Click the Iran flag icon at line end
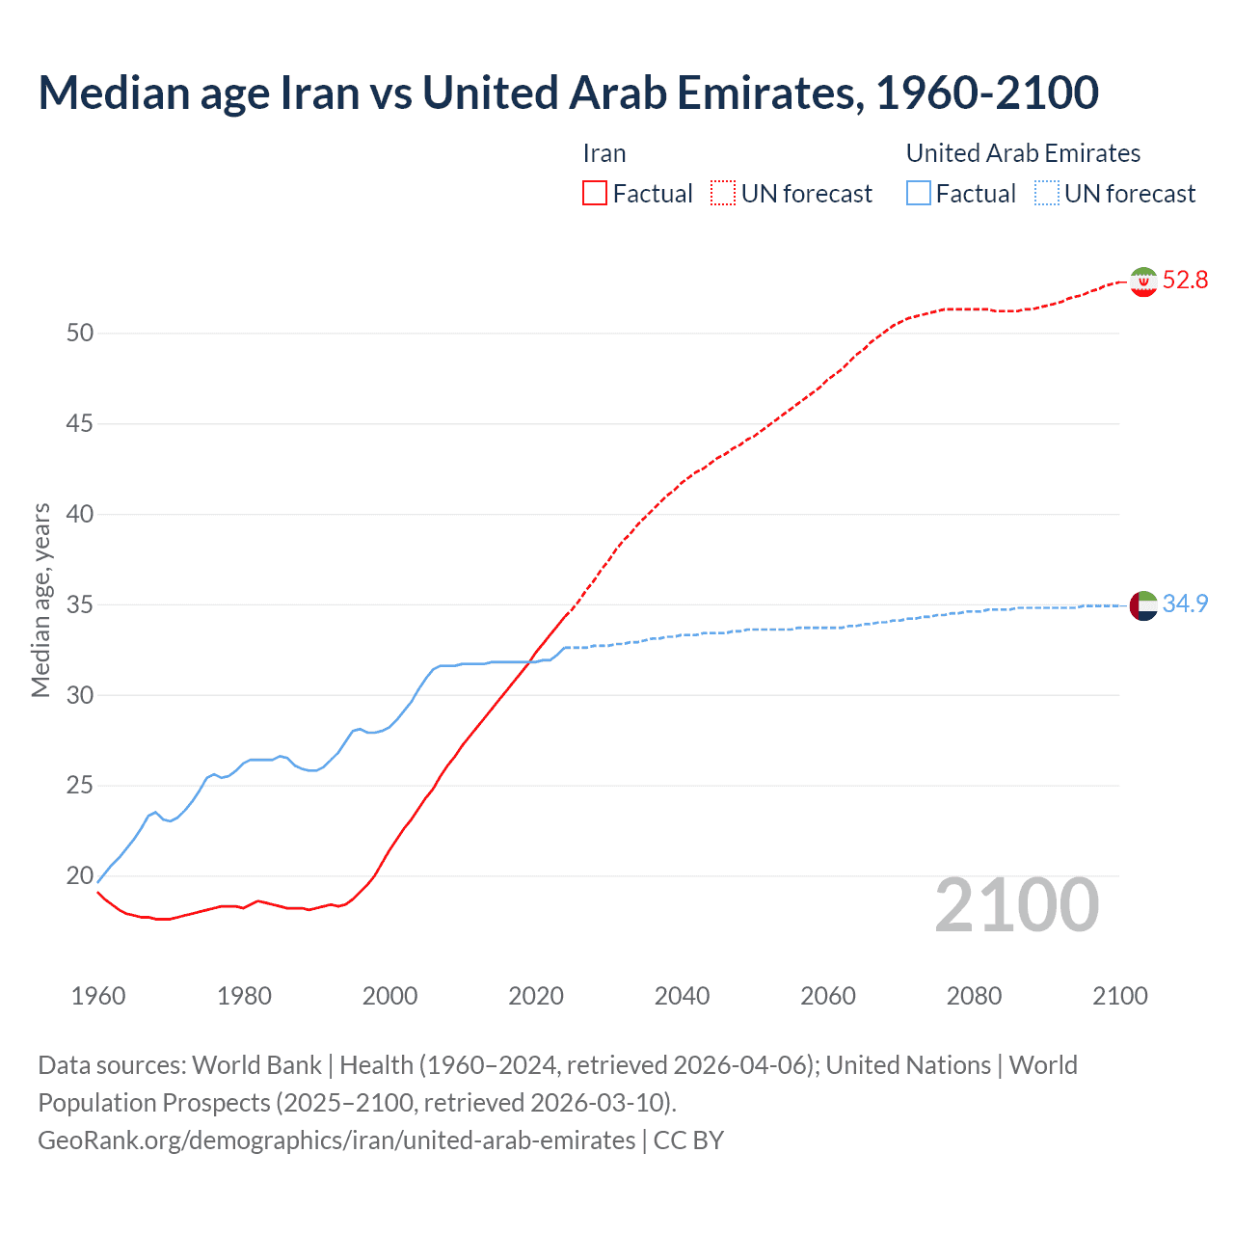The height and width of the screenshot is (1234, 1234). (1143, 282)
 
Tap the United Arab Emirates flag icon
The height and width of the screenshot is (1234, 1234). (1143, 605)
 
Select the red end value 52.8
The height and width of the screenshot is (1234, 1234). (1185, 281)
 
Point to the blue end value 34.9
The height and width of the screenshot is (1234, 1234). (1185, 604)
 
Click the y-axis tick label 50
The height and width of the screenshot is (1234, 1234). (80, 334)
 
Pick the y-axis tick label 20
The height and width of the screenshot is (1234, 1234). (80, 876)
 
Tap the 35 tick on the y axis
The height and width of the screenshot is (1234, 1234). (80, 605)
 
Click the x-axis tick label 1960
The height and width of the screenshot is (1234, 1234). (98, 996)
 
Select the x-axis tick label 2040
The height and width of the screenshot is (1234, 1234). (682, 996)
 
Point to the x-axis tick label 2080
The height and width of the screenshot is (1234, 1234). (974, 996)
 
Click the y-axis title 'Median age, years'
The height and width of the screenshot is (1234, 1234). (40, 600)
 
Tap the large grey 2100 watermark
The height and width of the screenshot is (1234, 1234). (1016, 905)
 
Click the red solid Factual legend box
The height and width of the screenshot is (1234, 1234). (595, 194)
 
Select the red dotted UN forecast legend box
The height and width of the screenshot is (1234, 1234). (723, 194)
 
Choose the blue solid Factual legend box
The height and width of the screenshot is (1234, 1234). (919, 194)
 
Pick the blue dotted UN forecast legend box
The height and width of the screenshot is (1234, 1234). (1047, 194)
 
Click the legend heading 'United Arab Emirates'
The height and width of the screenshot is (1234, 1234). (1023, 153)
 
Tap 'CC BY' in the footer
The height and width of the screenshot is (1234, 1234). (688, 1140)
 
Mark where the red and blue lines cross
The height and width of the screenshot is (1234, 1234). (527, 661)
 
